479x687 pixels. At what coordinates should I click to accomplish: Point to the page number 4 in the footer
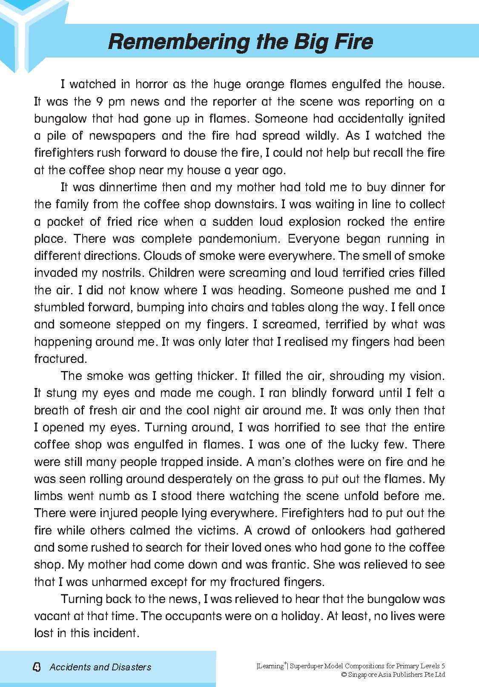[37, 667]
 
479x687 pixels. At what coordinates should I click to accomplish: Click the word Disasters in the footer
[131, 667]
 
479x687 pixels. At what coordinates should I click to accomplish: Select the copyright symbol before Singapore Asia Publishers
[344, 675]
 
